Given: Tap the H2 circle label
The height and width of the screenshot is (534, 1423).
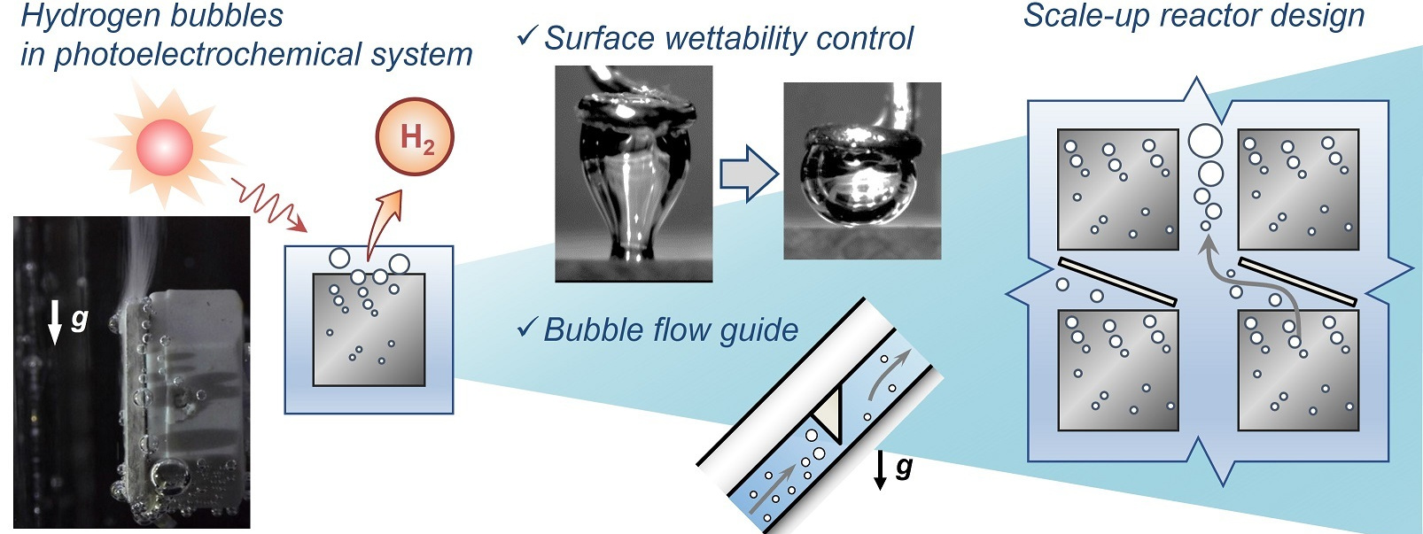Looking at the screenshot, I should (x=416, y=137).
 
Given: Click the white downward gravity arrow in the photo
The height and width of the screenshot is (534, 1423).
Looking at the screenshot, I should (x=55, y=321).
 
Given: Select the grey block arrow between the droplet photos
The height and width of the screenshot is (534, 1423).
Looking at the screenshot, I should (x=748, y=174).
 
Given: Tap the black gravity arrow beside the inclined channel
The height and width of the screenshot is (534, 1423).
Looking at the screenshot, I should (x=880, y=469).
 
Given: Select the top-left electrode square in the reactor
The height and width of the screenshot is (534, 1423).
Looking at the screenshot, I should (x=1117, y=190).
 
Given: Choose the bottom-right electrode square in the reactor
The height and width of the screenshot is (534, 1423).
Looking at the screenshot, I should (x=1297, y=370).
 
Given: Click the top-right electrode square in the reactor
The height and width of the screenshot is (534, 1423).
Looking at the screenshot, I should (x=1297, y=190).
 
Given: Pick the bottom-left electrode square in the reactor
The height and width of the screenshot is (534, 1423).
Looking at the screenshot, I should (x=1117, y=370).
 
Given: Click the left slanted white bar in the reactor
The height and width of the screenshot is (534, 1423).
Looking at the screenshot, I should (x=1116, y=282).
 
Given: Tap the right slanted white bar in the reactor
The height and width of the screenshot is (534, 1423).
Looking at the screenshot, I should (x=1297, y=282).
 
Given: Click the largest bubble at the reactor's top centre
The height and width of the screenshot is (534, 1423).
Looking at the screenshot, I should (x=1205, y=140).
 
